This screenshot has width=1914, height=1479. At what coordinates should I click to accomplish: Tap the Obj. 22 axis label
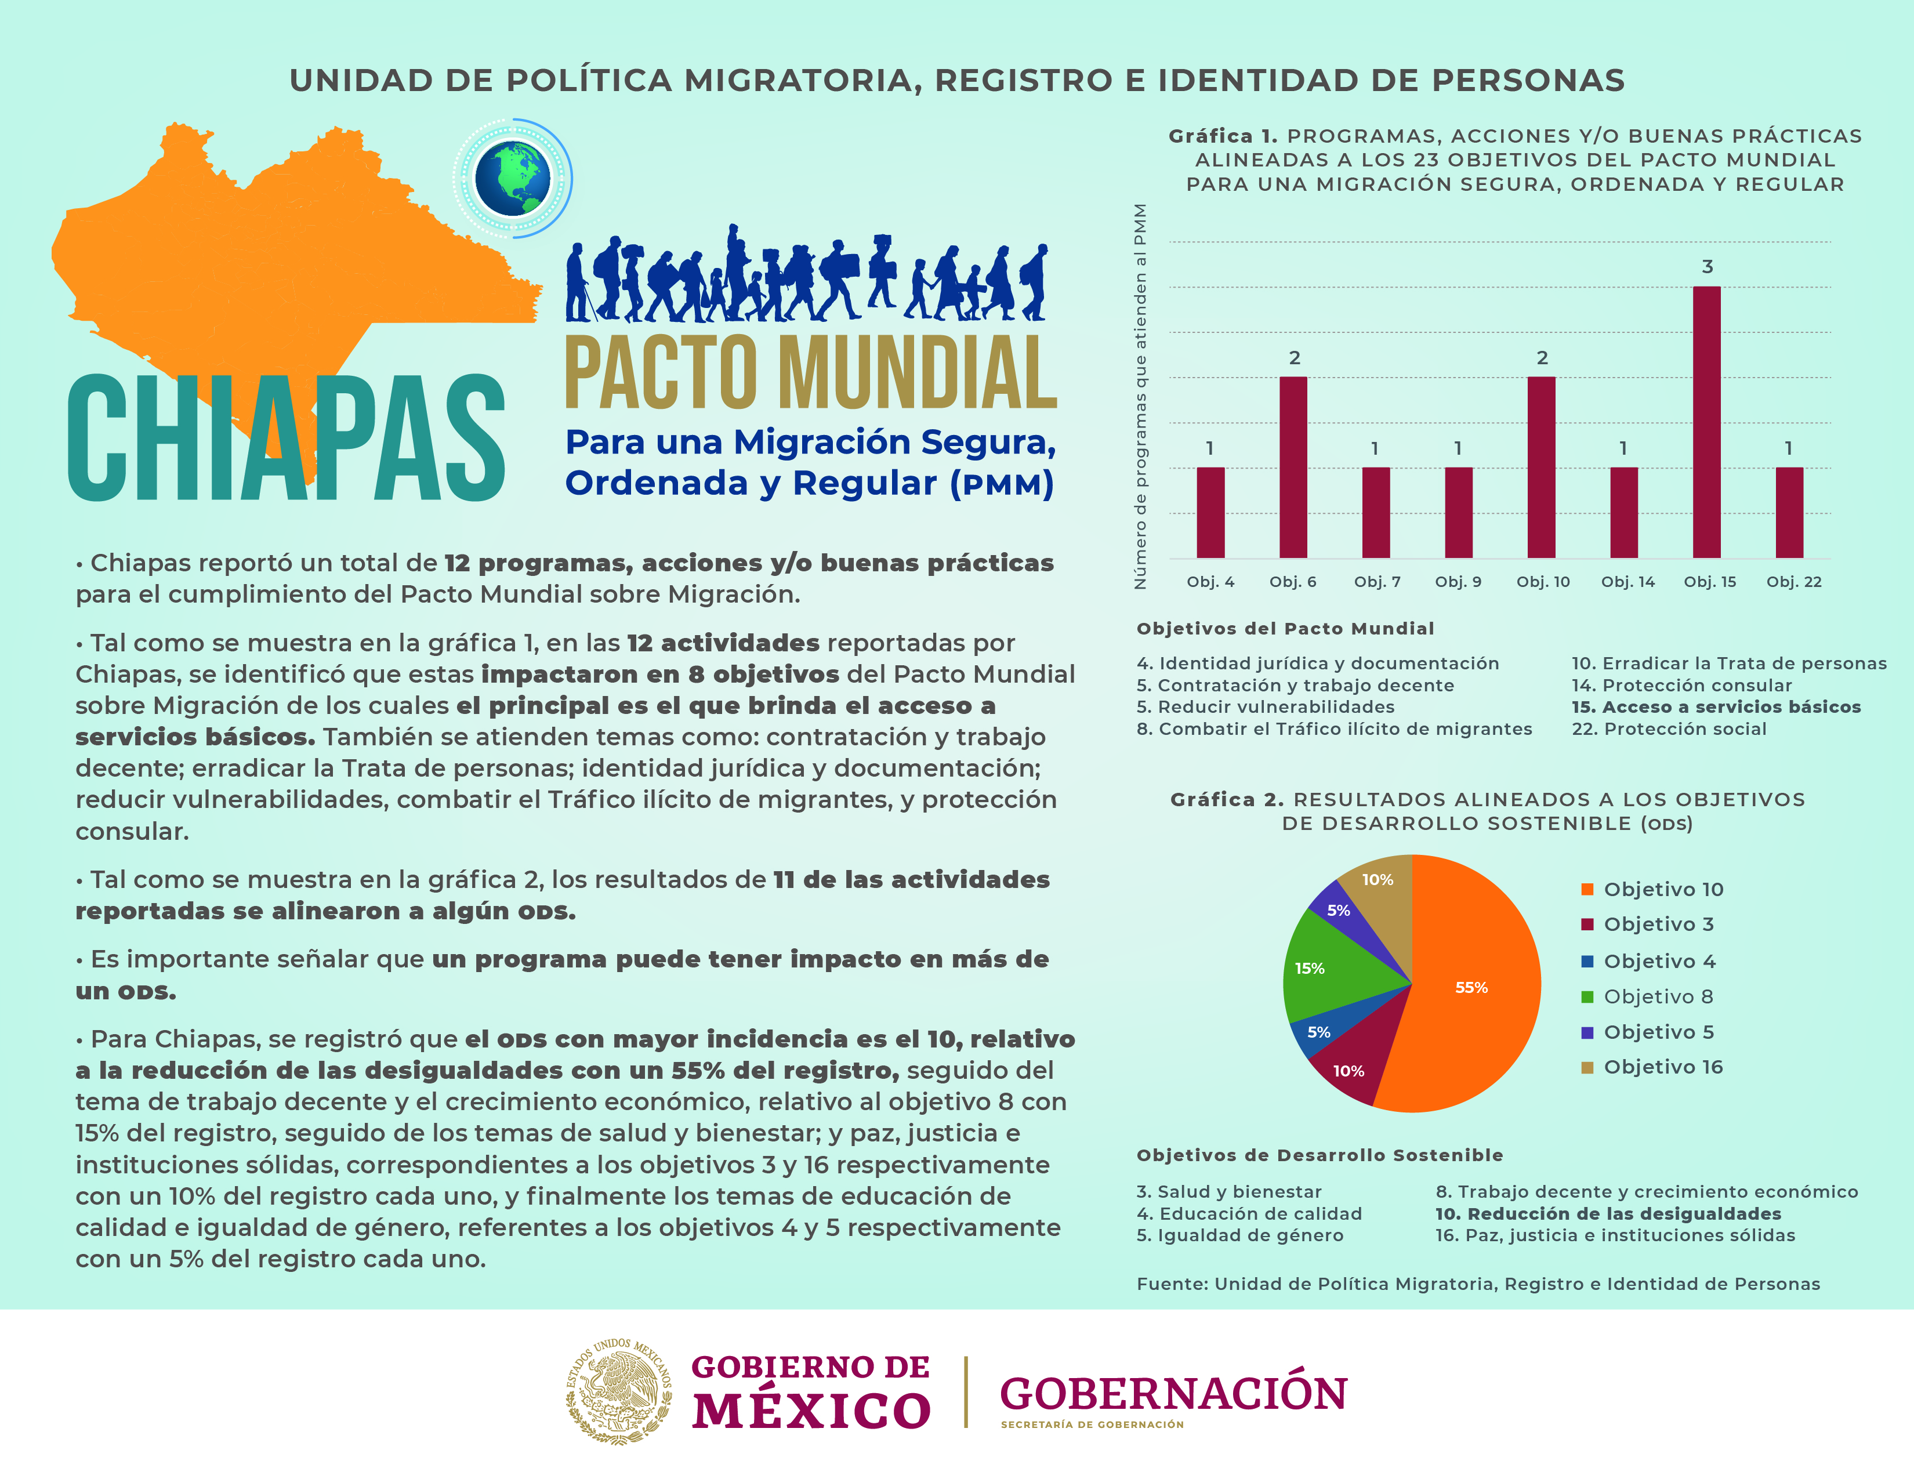pos(1793,582)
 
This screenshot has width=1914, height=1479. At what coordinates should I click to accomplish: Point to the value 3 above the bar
pos(1706,266)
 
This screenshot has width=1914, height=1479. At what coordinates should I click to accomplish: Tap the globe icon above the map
pos(513,179)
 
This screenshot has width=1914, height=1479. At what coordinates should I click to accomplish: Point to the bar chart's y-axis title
pos(1140,396)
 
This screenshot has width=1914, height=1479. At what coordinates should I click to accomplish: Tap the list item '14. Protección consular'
pos(1681,685)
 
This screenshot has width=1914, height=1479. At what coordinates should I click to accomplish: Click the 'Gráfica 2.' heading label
pos(1227,799)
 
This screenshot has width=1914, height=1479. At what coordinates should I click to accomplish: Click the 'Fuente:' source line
pos(1478,1284)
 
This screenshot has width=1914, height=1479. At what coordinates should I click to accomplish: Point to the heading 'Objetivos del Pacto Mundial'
pos(1285,628)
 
